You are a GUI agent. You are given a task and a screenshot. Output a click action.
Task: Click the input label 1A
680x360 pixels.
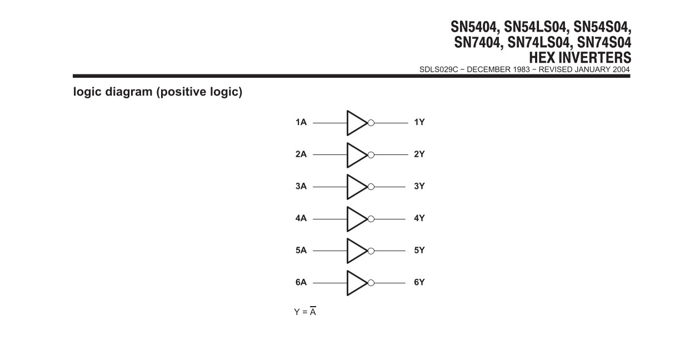(301, 122)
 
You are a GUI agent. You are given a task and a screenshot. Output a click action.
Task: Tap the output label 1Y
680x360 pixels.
(419, 122)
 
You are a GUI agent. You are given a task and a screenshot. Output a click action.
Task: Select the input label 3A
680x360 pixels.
(301, 186)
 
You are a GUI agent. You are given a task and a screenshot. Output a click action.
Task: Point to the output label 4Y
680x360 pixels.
(419, 218)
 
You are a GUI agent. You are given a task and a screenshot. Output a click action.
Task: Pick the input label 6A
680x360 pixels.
(301, 282)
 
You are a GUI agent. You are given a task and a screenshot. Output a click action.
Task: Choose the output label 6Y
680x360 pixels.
(419, 282)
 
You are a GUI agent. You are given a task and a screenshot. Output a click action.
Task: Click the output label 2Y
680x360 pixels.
(419, 154)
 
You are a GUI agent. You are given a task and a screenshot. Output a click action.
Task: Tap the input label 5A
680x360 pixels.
(301, 251)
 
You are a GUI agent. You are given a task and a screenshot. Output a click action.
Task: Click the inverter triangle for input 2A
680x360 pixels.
(348, 155)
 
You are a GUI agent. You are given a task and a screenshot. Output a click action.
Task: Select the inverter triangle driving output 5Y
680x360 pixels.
(348, 251)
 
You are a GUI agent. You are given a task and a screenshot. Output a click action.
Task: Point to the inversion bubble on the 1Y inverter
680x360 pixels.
(371, 123)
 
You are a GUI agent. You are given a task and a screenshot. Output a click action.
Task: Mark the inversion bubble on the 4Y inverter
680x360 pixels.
(371, 219)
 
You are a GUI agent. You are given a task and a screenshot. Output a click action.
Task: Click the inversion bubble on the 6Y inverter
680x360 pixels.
(371, 283)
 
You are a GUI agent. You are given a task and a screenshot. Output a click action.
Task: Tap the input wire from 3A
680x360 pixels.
(330, 187)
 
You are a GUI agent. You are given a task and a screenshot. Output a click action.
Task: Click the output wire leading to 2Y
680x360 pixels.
(391, 155)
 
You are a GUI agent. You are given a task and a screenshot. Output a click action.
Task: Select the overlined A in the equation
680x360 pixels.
(313, 312)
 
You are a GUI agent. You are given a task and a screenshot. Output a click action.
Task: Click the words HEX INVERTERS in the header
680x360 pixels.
(580, 58)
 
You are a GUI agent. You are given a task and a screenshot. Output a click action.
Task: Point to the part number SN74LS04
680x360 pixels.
(538, 42)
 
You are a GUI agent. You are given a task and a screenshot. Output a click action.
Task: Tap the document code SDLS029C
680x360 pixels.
(438, 69)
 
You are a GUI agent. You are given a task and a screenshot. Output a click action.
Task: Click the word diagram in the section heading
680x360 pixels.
(129, 92)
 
